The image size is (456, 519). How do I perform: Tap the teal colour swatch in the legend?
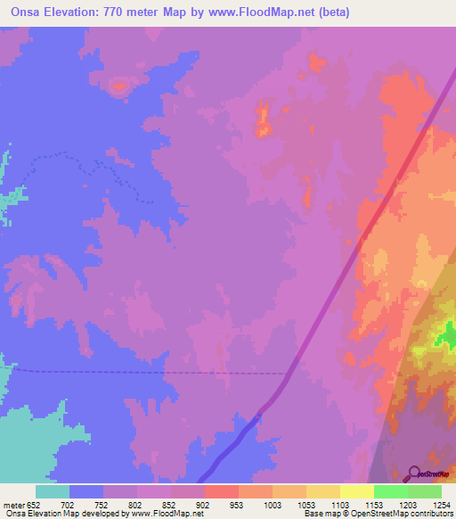[53, 491]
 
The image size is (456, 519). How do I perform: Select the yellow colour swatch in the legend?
[356, 491]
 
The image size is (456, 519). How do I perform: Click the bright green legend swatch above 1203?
[390, 491]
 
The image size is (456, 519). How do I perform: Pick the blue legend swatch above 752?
[86, 491]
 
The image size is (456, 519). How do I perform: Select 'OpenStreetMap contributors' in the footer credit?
[408, 514]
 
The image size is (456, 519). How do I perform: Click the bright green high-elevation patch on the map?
[448, 337]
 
